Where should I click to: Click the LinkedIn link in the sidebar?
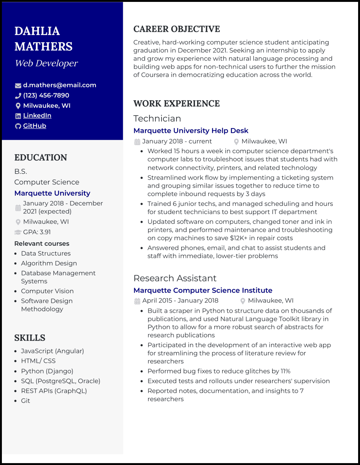tap(37, 116)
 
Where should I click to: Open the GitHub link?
tap(35, 126)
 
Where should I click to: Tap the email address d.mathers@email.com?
tap(59, 85)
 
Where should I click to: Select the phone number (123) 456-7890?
tap(46, 95)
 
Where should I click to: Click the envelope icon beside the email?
tap(18, 85)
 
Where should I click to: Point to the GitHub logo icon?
tap(18, 126)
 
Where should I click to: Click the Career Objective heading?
tap(177, 29)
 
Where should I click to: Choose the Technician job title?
tap(157, 118)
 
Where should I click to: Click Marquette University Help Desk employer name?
tap(191, 130)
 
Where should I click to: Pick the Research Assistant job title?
tap(175, 278)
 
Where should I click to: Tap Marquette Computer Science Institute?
tap(203, 290)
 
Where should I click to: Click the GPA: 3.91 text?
tap(37, 232)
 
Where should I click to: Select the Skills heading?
tap(30, 338)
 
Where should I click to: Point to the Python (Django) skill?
tap(47, 371)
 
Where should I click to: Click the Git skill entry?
tap(25, 400)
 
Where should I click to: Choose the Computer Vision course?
tap(47, 291)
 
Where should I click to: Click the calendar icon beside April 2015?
tap(137, 301)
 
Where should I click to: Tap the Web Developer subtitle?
tap(46, 63)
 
